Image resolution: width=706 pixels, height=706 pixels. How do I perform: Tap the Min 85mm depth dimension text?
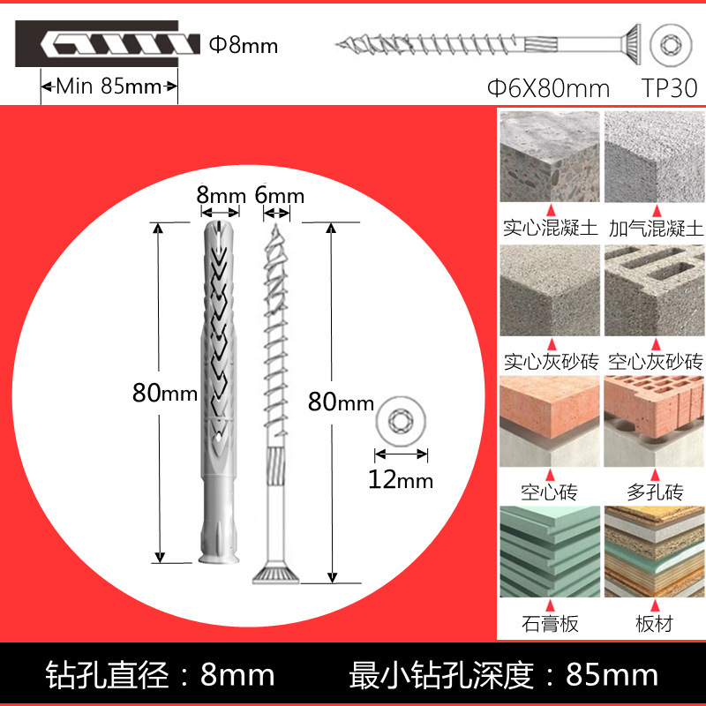coord(109,86)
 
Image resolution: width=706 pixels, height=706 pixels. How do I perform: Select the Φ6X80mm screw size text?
coord(548,88)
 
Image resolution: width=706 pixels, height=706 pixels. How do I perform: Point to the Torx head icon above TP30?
coord(669,45)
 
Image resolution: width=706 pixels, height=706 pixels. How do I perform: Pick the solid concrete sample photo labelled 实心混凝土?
coord(548,157)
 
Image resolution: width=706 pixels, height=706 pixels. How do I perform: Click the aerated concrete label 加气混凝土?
coord(655,229)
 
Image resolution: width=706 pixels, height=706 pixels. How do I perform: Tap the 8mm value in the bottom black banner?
coord(237,675)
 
